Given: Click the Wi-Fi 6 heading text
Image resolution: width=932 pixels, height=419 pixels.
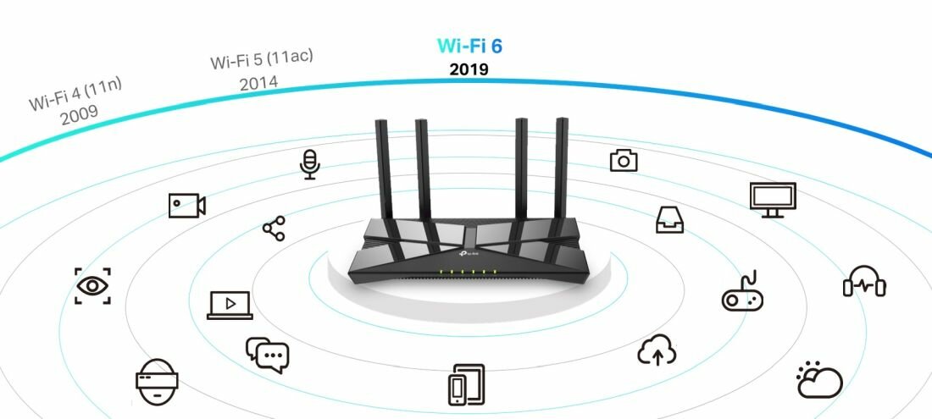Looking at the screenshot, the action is (469, 46).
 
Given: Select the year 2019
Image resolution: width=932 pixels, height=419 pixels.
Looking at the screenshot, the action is (469, 69).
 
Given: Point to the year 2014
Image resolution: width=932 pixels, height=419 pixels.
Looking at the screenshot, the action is (258, 82).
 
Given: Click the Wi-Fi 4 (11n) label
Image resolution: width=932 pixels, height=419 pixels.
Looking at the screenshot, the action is (75, 94).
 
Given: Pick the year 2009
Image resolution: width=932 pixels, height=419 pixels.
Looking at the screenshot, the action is (79, 113).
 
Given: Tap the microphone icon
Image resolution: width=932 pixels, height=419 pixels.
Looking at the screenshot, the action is (309, 164).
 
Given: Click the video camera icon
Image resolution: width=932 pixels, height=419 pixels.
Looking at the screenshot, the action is (186, 206).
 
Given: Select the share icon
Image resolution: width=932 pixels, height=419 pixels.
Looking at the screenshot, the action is (274, 229).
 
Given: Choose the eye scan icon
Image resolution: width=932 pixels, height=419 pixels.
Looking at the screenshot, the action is (92, 286).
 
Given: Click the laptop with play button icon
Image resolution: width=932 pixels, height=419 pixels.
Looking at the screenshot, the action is (230, 305).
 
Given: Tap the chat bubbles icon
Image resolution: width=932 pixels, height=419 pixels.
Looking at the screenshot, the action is (267, 355).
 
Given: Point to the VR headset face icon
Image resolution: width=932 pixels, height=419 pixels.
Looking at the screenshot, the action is (157, 382).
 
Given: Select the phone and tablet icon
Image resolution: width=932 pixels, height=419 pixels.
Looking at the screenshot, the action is (466, 384).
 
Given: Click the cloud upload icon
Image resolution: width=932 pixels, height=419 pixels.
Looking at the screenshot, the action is (657, 350).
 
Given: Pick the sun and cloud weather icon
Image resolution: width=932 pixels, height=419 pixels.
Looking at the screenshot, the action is (819, 379).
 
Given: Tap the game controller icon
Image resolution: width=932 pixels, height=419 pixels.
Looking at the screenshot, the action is (742, 291).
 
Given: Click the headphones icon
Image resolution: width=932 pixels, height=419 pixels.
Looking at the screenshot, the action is (864, 281).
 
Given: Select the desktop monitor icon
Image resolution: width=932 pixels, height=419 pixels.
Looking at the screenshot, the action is (773, 200).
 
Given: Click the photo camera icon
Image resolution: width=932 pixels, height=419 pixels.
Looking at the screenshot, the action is (624, 160).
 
